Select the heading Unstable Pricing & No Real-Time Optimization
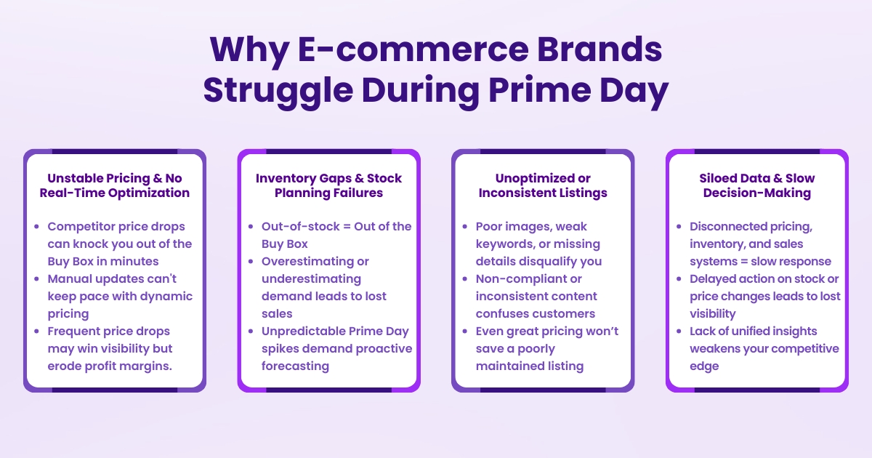point(115,185)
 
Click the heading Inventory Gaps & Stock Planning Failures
point(328,185)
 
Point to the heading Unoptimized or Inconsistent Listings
point(543,185)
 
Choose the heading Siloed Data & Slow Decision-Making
point(756,185)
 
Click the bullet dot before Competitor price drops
point(36,227)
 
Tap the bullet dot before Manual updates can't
point(36,279)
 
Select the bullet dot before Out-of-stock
point(251,227)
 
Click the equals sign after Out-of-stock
point(344,227)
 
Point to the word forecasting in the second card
point(295,366)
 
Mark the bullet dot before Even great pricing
point(465,332)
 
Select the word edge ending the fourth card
point(704,366)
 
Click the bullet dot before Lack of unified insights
point(679,332)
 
